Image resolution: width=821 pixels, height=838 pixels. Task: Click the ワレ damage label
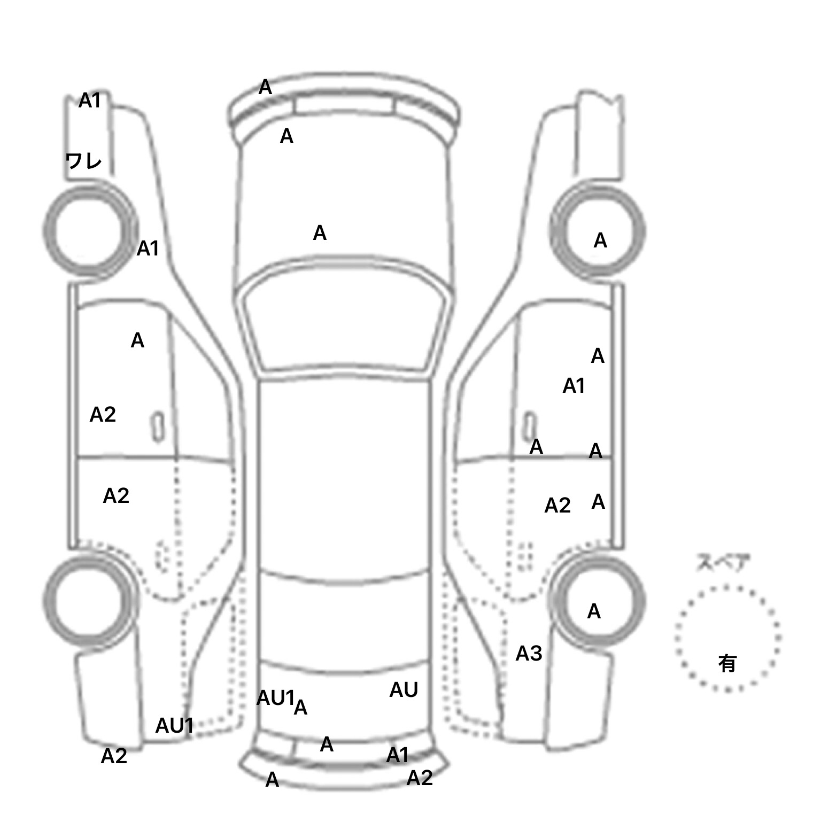coord(83,160)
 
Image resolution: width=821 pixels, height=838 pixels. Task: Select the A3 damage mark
coord(529,653)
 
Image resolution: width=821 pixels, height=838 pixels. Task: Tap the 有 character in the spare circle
coord(727,663)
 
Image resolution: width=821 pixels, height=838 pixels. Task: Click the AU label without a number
coord(404,690)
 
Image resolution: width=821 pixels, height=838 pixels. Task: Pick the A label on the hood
coord(320,233)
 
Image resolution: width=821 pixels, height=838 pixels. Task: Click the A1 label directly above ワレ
coord(89,100)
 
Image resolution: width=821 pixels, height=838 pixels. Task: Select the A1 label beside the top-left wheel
coord(148,249)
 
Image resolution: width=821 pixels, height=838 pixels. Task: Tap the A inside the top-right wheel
coord(600,241)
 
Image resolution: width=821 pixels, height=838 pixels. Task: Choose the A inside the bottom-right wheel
coord(594,611)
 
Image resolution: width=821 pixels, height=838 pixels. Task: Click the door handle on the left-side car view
coord(158,426)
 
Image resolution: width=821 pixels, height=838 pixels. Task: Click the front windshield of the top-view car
coord(345,326)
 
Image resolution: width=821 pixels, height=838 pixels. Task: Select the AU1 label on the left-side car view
coord(174,726)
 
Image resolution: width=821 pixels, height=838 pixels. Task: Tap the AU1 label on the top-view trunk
coord(275,697)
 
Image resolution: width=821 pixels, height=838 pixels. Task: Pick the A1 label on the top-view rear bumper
coord(397,755)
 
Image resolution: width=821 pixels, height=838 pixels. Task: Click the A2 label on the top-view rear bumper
coord(420,778)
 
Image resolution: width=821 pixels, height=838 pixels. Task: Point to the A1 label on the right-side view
coord(574,386)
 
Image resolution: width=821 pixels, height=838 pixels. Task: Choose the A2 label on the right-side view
coord(557,506)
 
